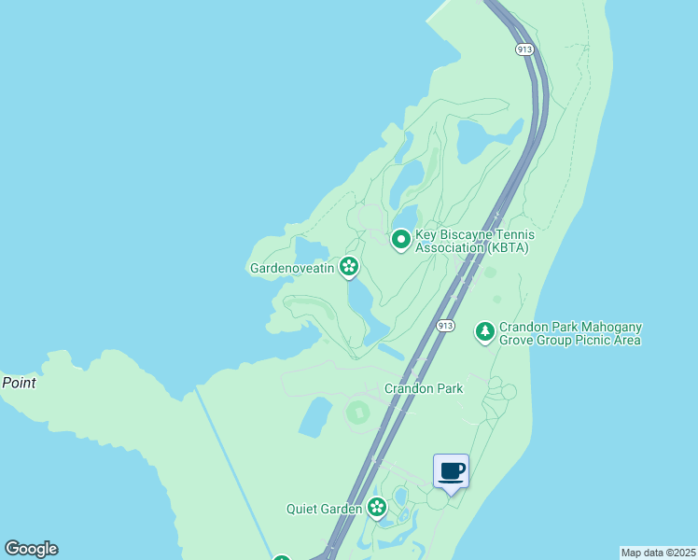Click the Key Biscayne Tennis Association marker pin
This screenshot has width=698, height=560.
pyautogui.click(x=401, y=240)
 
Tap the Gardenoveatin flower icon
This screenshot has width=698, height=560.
pyautogui.click(x=349, y=268)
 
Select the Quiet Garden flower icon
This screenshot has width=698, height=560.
pyautogui.click(x=377, y=508)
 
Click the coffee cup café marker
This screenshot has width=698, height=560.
pyautogui.click(x=452, y=470)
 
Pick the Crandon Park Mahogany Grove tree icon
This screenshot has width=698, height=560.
pyautogui.click(x=484, y=331)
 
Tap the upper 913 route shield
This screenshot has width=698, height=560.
pyautogui.click(x=523, y=49)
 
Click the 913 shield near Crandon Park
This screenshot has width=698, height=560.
pyautogui.click(x=445, y=325)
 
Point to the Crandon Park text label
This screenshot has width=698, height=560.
pyautogui.click(x=424, y=388)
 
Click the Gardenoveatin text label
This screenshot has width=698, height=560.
pyautogui.click(x=293, y=268)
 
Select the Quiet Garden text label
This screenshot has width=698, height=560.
pyautogui.click(x=324, y=509)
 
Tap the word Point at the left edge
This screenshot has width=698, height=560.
pyautogui.click(x=19, y=383)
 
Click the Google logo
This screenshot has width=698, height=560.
pyautogui.click(x=31, y=549)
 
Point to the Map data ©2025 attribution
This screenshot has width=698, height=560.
pyautogui.click(x=658, y=553)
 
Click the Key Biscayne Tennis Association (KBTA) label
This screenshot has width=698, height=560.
pyautogui.click(x=472, y=241)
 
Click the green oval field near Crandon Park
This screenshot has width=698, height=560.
pyautogui.click(x=358, y=412)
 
